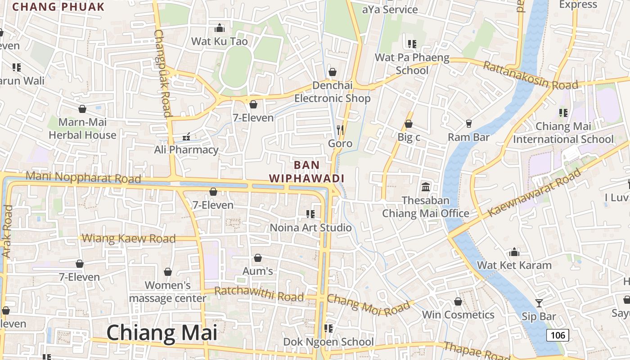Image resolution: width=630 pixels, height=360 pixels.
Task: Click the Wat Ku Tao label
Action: (x=220, y=41)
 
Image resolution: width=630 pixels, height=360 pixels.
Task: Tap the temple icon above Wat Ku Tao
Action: (x=220, y=28)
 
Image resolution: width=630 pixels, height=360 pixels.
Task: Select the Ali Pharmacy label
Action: (x=186, y=150)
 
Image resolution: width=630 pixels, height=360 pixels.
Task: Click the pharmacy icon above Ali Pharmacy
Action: (x=186, y=136)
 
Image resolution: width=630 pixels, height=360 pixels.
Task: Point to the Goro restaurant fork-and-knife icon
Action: (x=340, y=130)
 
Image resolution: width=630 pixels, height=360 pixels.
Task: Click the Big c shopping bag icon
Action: (x=409, y=124)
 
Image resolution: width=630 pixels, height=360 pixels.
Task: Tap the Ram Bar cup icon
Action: (x=469, y=123)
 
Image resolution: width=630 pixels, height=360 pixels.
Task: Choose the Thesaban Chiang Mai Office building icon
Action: (x=426, y=187)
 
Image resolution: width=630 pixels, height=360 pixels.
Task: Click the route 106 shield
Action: (x=558, y=335)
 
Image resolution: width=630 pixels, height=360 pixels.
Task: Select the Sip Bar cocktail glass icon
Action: (x=539, y=303)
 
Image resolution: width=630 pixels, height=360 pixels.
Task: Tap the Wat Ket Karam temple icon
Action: (x=514, y=252)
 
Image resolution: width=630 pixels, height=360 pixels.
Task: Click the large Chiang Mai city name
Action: (x=162, y=333)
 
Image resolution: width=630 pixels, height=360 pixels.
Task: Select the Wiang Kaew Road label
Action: (x=129, y=238)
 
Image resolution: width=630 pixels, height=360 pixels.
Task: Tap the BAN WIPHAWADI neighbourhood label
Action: (x=307, y=171)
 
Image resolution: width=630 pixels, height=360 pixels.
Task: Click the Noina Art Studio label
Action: (x=310, y=228)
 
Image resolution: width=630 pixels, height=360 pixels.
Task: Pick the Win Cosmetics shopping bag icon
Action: (x=458, y=301)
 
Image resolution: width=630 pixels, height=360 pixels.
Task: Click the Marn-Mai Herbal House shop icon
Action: (x=82, y=109)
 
